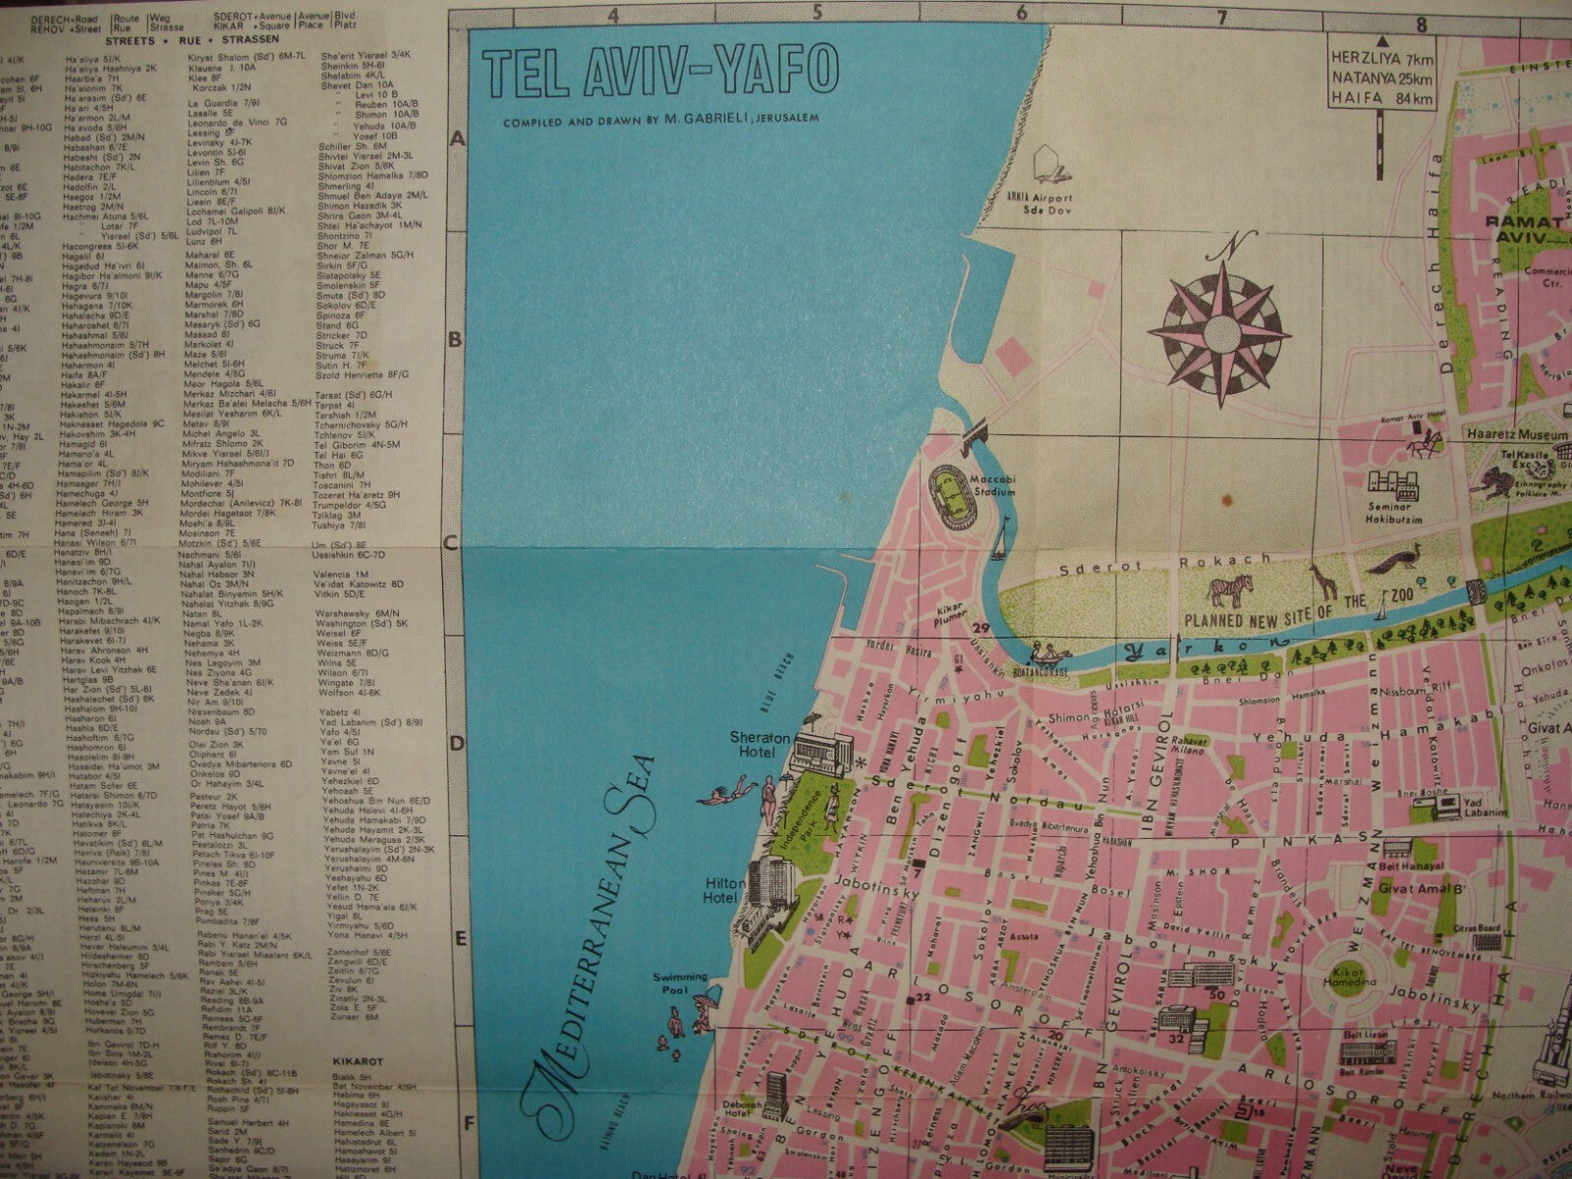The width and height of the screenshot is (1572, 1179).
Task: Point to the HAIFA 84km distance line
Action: [x=1380, y=98]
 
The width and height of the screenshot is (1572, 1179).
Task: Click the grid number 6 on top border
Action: [x=1022, y=14]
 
